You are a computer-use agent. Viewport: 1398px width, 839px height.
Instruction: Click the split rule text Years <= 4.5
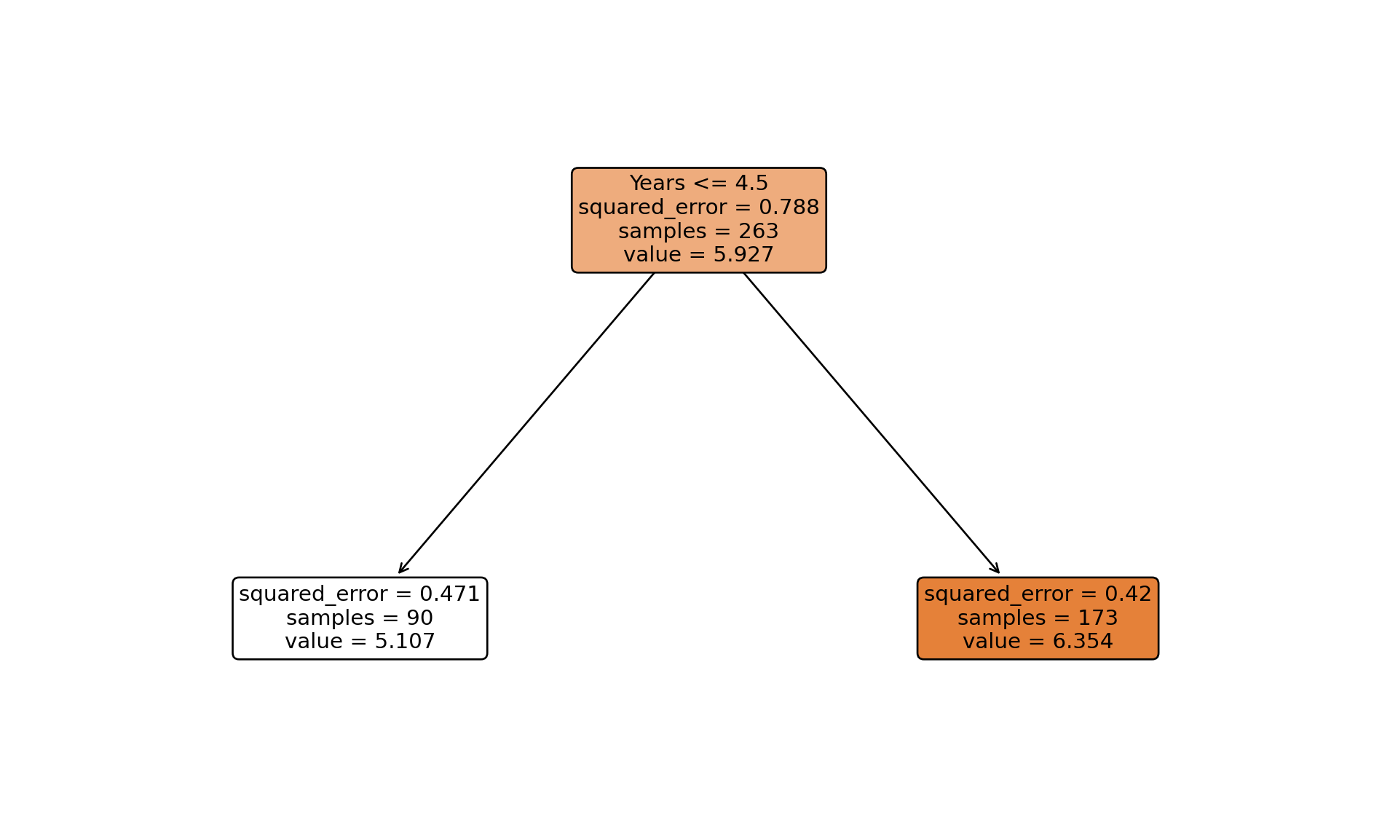[698, 184]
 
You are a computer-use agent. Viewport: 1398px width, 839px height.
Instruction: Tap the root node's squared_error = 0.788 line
[698, 208]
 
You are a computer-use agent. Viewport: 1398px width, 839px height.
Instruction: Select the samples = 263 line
[698, 232]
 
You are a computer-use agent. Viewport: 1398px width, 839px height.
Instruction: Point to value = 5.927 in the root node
[698, 255]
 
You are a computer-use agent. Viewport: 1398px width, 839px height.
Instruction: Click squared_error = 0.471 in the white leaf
[360, 594]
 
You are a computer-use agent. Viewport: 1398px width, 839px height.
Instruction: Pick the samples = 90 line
[360, 618]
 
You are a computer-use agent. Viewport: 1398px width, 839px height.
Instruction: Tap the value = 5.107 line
[360, 642]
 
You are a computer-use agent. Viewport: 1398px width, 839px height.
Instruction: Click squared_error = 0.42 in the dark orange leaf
[1038, 594]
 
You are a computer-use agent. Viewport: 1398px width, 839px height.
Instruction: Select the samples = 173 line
[1038, 618]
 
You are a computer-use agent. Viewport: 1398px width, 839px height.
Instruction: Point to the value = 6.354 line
[1038, 642]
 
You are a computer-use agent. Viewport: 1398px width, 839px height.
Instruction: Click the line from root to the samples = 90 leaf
[526, 423]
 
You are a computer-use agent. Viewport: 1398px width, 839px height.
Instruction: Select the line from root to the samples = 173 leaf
[871, 423]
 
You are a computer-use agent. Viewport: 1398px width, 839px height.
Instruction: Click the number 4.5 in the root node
[751, 184]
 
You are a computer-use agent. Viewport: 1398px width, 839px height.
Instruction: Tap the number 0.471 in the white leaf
[450, 594]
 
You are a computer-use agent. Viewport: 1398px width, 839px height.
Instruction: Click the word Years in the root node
[657, 184]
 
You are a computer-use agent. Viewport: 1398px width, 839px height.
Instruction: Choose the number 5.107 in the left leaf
[405, 642]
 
